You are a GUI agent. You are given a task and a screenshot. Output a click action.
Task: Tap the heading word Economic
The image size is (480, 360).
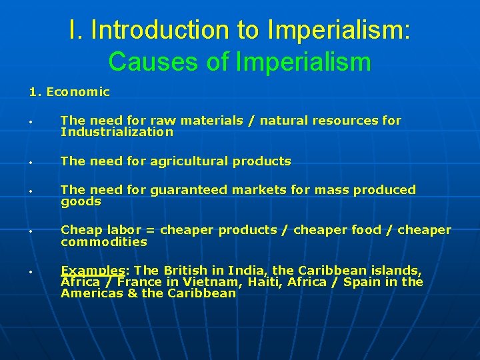coord(78,92)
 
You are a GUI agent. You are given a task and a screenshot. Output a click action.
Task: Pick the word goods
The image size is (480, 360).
coord(81,201)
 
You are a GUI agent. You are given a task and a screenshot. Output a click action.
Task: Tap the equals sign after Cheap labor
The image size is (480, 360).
coord(150,230)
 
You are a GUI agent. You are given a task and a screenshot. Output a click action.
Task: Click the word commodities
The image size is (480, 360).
coord(103,241)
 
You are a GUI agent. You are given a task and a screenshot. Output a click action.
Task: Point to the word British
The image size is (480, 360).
coord(185,271)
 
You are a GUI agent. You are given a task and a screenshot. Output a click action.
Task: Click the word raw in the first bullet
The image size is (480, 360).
coord(161,121)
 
